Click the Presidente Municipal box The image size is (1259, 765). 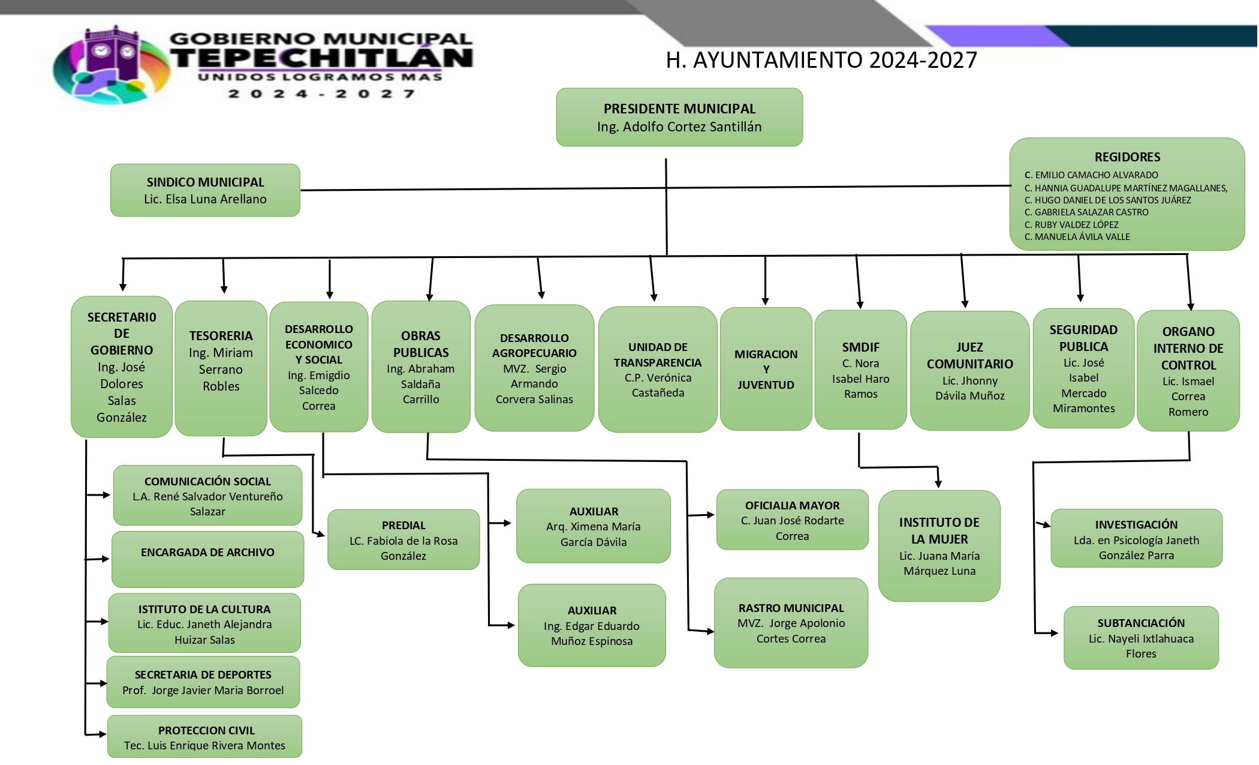point(679,118)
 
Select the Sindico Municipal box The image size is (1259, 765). point(205,190)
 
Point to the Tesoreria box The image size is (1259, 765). point(221,367)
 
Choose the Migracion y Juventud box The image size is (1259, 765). point(766,369)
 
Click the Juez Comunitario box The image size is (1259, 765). point(969,371)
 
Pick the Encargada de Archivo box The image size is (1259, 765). point(207,559)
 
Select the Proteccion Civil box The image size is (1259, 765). point(205,737)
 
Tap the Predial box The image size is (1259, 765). point(403,540)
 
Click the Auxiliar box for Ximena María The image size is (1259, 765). point(594,526)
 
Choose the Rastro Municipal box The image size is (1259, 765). point(791,623)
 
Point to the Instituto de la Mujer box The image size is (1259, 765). point(939,546)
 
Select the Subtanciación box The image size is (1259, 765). point(1141,638)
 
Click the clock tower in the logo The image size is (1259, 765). point(113,53)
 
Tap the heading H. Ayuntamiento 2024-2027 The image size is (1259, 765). point(821,60)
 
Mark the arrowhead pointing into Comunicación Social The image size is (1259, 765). point(107,495)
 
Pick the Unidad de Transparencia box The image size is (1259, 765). point(658,370)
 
